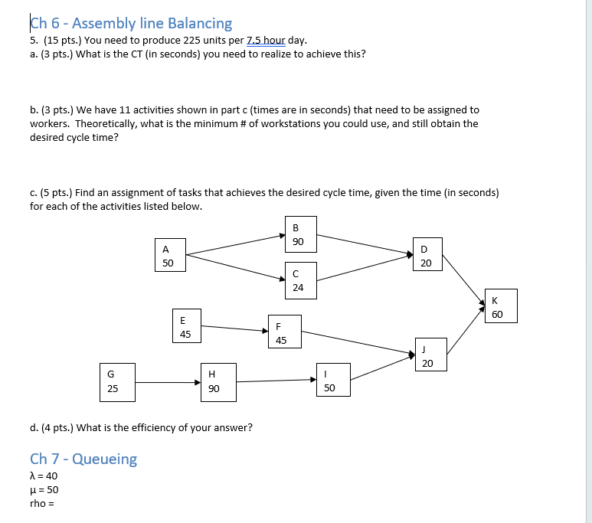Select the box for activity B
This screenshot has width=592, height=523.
299,234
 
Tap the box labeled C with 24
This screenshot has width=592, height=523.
298,280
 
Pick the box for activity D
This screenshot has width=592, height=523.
426,256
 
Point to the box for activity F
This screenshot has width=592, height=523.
281,333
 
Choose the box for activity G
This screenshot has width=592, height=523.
113,381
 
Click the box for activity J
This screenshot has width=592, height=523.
428,356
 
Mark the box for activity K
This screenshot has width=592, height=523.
498,306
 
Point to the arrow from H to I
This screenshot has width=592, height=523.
275,380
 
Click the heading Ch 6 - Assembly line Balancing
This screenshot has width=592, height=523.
131,24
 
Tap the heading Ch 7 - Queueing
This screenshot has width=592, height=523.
83,459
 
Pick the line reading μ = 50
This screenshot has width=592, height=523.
44,489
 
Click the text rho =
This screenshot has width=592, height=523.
42,503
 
